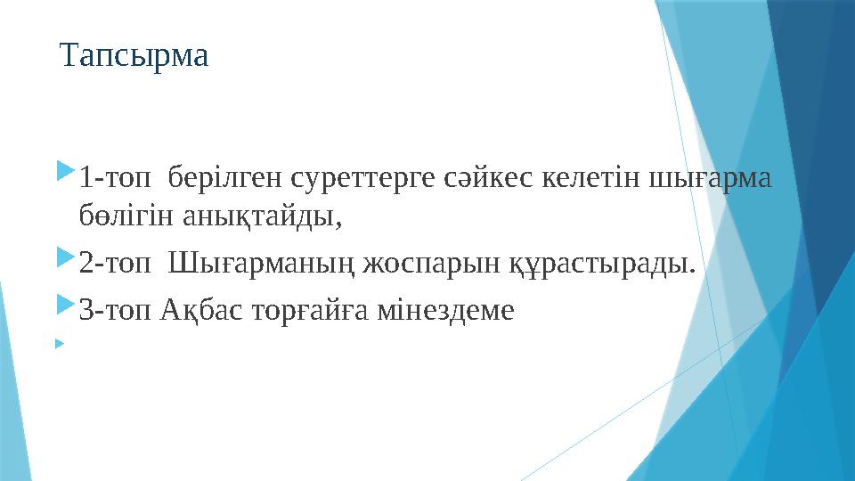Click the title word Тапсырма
[x=134, y=56]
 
